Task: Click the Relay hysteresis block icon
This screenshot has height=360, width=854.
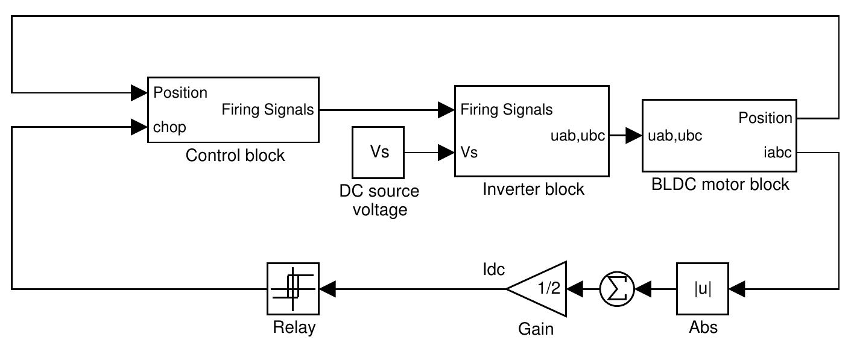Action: tap(293, 288)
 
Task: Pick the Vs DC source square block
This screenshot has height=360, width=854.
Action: tap(379, 152)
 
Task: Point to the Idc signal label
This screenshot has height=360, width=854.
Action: tap(493, 270)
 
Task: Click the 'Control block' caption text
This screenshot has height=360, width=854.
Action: tap(235, 156)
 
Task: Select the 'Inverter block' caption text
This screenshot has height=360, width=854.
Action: tap(533, 189)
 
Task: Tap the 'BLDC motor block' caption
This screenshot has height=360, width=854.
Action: tap(720, 185)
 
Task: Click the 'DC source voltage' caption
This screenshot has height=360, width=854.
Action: tap(379, 201)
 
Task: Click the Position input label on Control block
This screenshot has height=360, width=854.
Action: tap(180, 93)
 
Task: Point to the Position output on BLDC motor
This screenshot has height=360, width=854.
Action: tap(765, 118)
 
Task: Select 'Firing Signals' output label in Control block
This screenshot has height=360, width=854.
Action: tap(268, 110)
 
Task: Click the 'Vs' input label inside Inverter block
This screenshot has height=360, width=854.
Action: tap(469, 153)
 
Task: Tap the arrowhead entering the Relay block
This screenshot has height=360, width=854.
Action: tap(327, 289)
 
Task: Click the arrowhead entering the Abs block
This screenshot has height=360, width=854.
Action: tap(737, 289)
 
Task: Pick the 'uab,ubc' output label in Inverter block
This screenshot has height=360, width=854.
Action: tap(578, 136)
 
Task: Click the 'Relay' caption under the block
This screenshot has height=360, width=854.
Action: tap(294, 328)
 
